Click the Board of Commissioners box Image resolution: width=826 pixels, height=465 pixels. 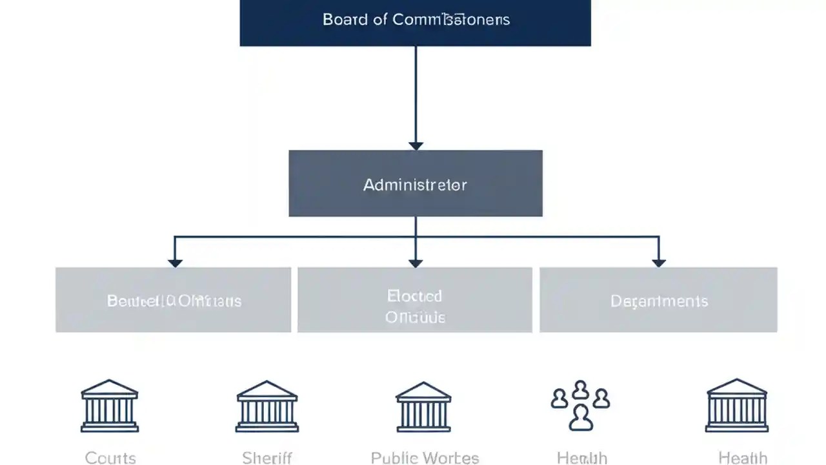pos(415,23)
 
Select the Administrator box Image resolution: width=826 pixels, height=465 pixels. pos(415,183)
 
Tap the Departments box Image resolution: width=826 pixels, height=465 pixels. pos(658,300)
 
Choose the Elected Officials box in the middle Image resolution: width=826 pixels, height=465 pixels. pos(415,300)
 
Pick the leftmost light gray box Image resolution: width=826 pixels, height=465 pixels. pos(173,300)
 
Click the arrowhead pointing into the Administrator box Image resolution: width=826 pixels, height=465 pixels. pos(416,145)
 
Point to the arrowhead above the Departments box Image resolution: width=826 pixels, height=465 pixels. pos(658,262)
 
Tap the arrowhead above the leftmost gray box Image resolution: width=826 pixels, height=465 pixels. pos(174,262)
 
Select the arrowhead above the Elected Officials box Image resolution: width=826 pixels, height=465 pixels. pos(416,262)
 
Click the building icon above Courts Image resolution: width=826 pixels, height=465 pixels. pos(110,406)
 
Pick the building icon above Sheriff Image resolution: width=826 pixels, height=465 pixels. pos(267,406)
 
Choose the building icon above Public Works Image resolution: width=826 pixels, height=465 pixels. pos(423,406)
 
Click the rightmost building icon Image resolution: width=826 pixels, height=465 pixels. pos(737,406)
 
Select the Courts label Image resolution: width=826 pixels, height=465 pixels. pos(110,458)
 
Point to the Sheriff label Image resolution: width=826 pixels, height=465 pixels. pos(267,458)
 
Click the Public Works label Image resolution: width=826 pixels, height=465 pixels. pos(425,458)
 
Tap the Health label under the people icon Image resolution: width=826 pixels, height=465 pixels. pos(581,458)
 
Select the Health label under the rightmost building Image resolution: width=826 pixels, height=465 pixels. pos(743,458)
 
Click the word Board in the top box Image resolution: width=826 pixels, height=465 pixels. pos(345,19)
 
